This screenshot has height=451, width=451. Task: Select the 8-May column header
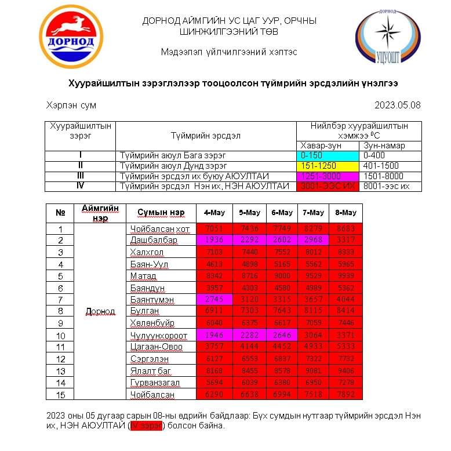click(345, 212)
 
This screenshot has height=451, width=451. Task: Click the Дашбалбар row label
click(154, 240)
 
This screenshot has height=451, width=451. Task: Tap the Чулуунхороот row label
click(157, 335)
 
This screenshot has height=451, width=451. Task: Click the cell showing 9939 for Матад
click(345, 275)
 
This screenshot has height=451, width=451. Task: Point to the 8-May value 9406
click(345, 370)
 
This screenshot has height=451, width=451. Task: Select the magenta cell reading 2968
click(313, 240)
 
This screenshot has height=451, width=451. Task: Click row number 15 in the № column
click(60, 395)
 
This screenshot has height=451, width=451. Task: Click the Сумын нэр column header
click(161, 212)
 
